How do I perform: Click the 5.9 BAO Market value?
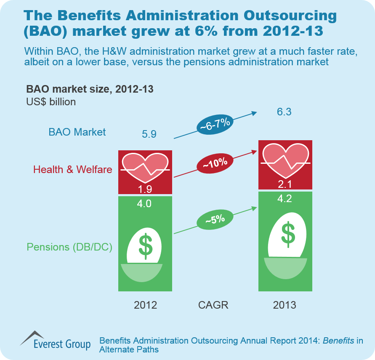(x=149, y=134)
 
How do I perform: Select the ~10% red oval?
(x=215, y=162)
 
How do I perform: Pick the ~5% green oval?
(x=215, y=219)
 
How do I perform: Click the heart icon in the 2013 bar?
(x=285, y=160)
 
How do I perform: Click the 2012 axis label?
(x=145, y=305)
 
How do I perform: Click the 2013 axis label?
(x=285, y=305)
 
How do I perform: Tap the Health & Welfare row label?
(x=73, y=170)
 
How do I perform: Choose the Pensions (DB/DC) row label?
(x=69, y=247)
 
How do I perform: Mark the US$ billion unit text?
(x=51, y=101)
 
